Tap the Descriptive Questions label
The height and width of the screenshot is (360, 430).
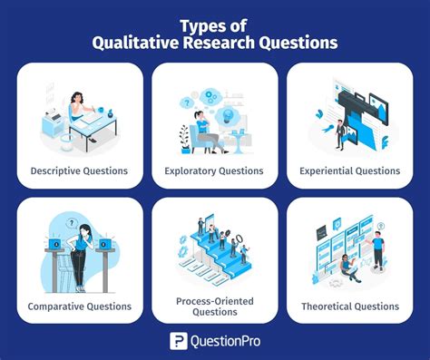pyautogui.click(x=80, y=170)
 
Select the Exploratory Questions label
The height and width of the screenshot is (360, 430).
pyautogui.click(x=215, y=170)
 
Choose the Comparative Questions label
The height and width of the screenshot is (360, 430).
pyautogui.click(x=80, y=306)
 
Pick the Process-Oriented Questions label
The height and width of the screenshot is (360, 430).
pyautogui.click(x=215, y=306)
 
